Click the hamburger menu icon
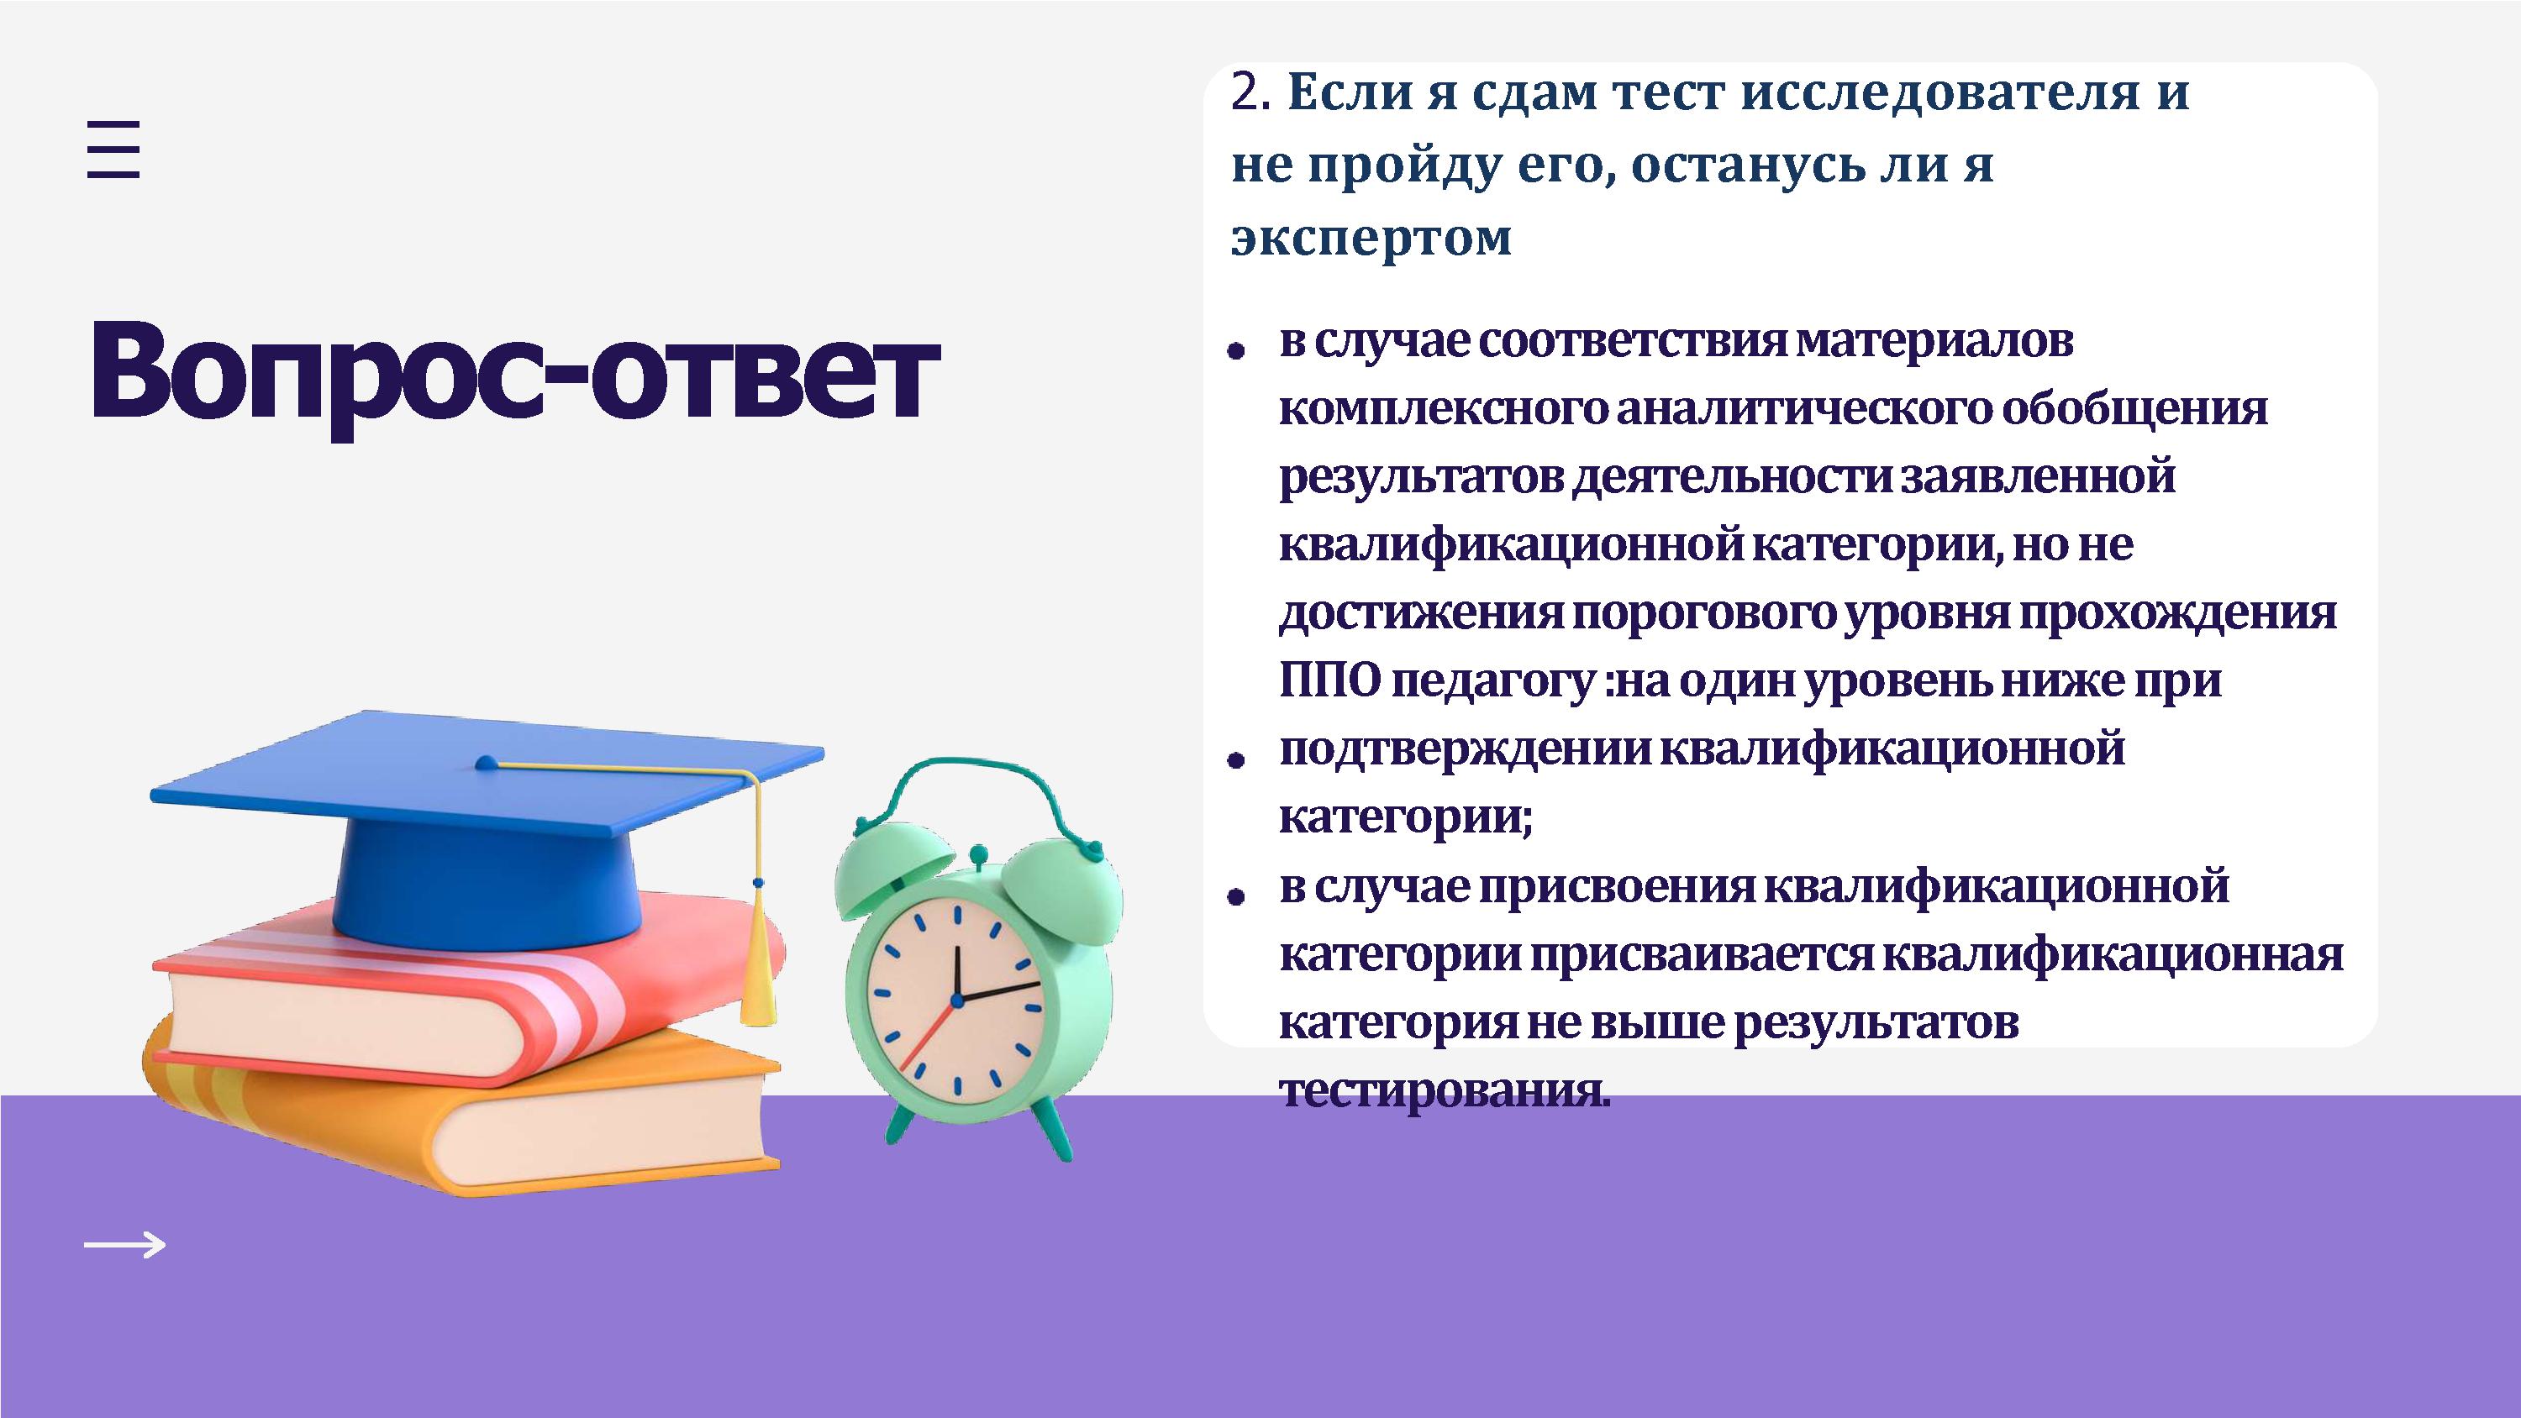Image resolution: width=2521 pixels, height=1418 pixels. coord(113,149)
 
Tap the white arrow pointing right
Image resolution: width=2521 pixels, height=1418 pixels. coord(125,1245)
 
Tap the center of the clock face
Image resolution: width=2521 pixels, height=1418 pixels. coord(957,999)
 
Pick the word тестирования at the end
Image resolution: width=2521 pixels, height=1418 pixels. coord(1445,1092)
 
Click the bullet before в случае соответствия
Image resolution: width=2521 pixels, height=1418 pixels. coord(1236,349)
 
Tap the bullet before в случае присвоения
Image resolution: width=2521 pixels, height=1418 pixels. coord(1236,895)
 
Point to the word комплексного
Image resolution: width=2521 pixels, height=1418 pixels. coord(1444,409)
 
